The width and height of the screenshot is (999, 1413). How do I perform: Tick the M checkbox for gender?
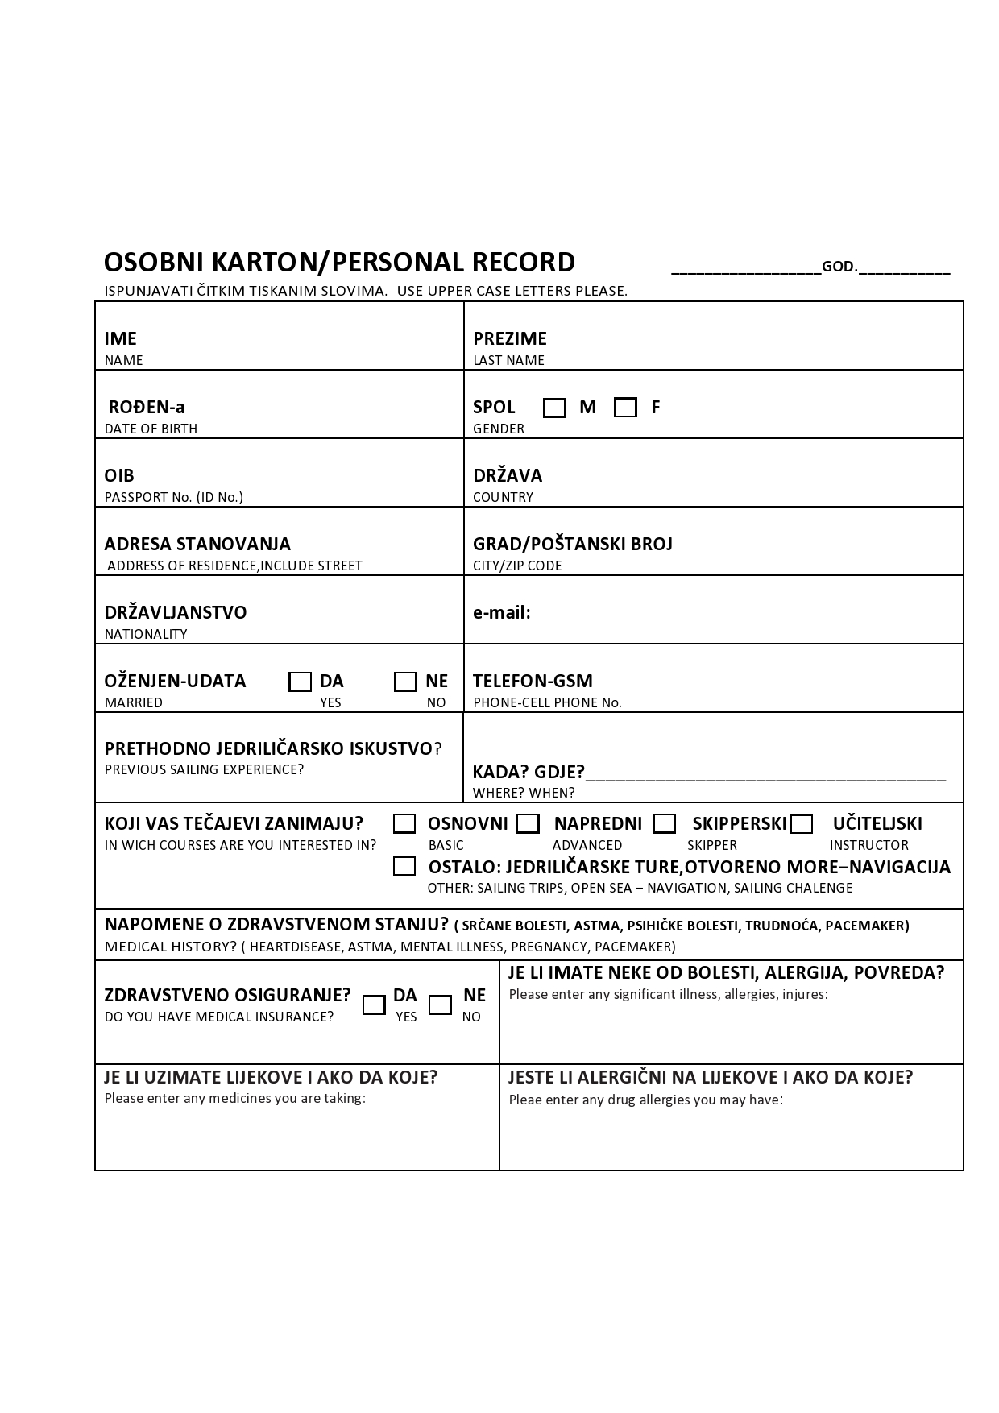pos(554,408)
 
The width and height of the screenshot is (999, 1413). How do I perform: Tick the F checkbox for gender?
pos(625,408)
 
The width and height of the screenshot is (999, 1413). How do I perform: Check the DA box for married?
pos(300,682)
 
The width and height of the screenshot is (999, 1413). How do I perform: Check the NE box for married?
pos(405,682)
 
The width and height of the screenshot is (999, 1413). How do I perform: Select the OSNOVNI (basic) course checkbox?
pos(404,823)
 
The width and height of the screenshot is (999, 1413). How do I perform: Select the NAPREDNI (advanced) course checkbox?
pos(528,823)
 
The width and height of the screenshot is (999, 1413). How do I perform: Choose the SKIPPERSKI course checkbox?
pos(665,823)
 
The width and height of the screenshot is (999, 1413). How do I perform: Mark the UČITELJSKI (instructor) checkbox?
pos(802,823)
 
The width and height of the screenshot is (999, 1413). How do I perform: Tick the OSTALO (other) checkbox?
pos(404,866)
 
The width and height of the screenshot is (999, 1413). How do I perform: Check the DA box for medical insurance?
pos(374,1005)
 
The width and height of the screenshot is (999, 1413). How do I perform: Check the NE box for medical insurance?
pos(440,1005)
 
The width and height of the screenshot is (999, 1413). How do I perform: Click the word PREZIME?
pos(510,338)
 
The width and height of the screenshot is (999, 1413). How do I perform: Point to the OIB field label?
pos(119,475)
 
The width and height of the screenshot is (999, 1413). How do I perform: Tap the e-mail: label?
pos(502,612)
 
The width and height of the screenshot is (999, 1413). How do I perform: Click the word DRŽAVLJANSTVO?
pos(176,612)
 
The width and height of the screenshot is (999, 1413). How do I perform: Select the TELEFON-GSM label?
pos(533,681)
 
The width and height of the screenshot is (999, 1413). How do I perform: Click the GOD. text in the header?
pos(839,267)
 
